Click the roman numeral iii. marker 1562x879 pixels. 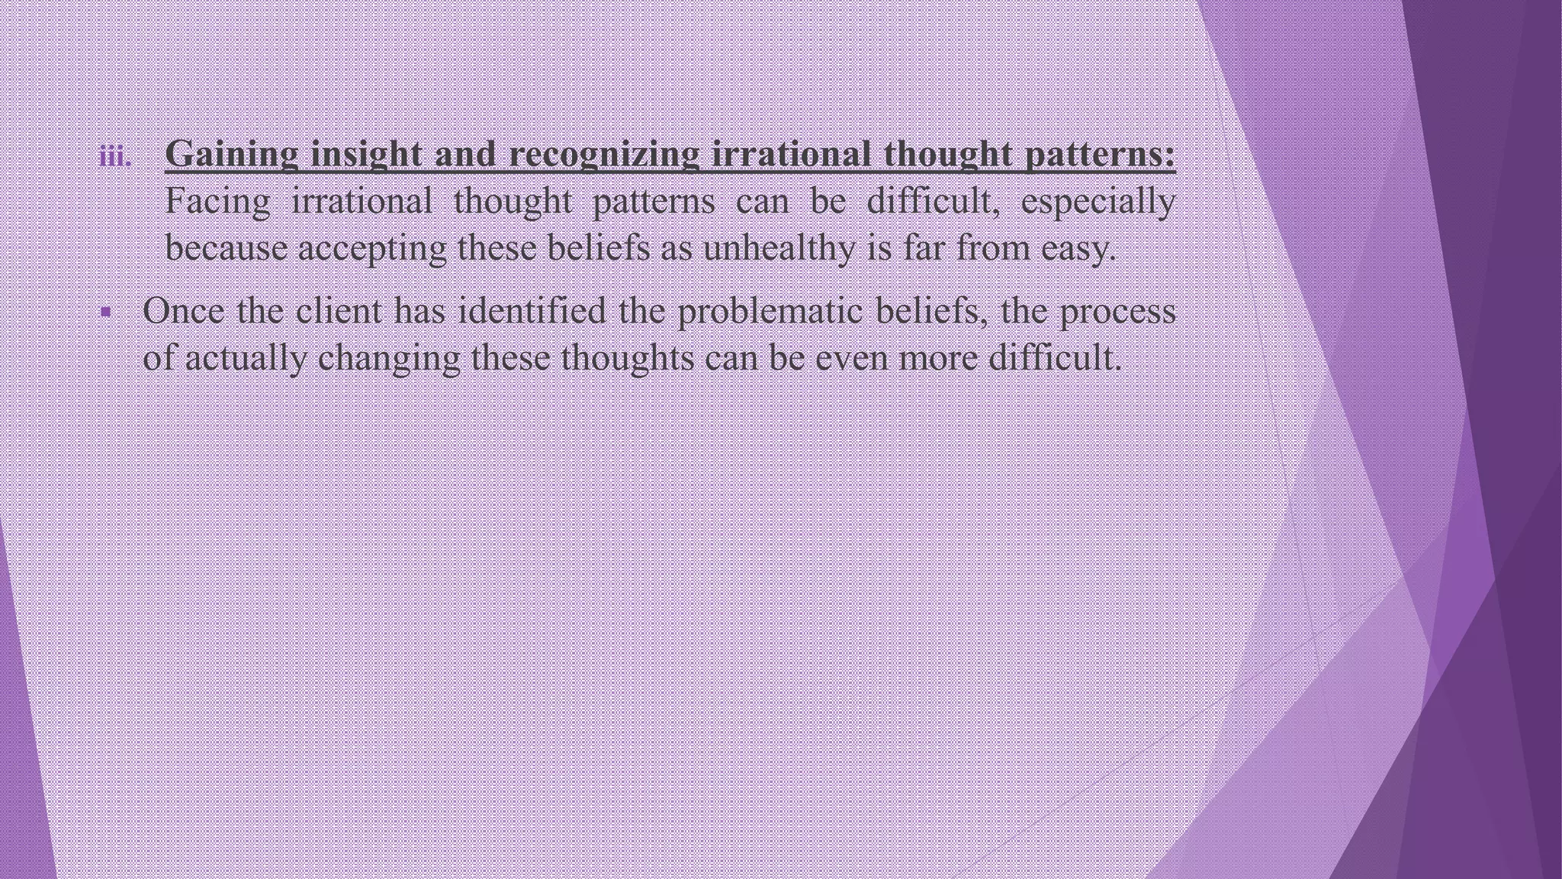(115, 157)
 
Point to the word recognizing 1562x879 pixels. (603, 155)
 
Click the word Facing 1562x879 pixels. (218, 202)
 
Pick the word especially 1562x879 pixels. (1098, 202)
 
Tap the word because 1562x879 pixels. (226, 248)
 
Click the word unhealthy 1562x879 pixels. (779, 248)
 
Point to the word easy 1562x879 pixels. (1078, 250)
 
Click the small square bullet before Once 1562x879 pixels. (105, 312)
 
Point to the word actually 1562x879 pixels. (246, 359)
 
